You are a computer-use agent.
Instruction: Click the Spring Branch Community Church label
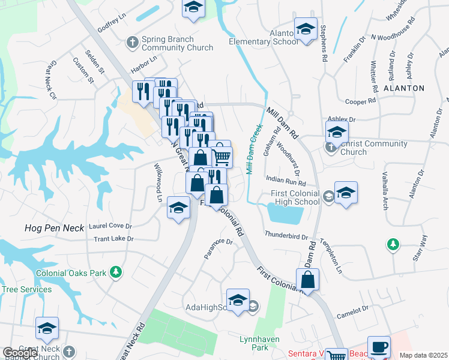pyautogui.click(x=177, y=44)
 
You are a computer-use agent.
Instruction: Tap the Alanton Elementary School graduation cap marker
pyautogui.click(x=306, y=30)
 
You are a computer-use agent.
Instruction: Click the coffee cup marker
pyautogui.click(x=379, y=347)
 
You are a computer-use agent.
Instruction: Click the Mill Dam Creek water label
pyautogui.click(x=255, y=149)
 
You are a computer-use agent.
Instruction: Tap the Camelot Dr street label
pyautogui.click(x=352, y=310)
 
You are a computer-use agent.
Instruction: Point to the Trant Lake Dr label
pyautogui.click(x=113, y=239)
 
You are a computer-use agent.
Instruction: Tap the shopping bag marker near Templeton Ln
pyautogui.click(x=307, y=280)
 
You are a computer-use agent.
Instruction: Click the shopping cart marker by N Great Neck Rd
pyautogui.click(x=221, y=156)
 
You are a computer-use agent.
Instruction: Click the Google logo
pyautogui.click(x=20, y=353)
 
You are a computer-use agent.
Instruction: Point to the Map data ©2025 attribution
pyautogui.click(x=423, y=355)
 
